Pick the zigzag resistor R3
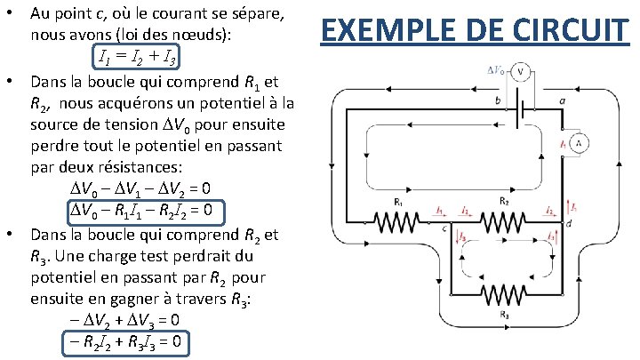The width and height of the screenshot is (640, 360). pyautogui.click(x=504, y=295)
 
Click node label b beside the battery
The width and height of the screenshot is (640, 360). pyautogui.click(x=498, y=100)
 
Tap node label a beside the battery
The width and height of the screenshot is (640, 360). pyautogui.click(x=562, y=100)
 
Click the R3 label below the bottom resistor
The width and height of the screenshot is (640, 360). pyautogui.click(x=505, y=314)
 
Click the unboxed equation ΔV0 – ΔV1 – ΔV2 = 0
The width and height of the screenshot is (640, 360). pyautogui.click(x=140, y=189)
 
